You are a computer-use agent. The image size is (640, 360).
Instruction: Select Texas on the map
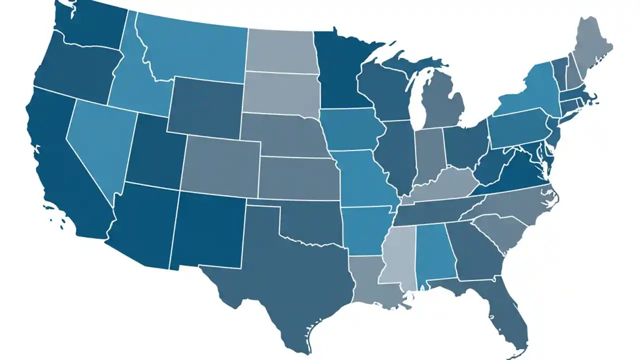(x=285, y=280)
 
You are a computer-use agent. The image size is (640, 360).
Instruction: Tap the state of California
(x=60, y=165)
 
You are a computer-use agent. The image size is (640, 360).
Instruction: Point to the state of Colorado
(x=220, y=165)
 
